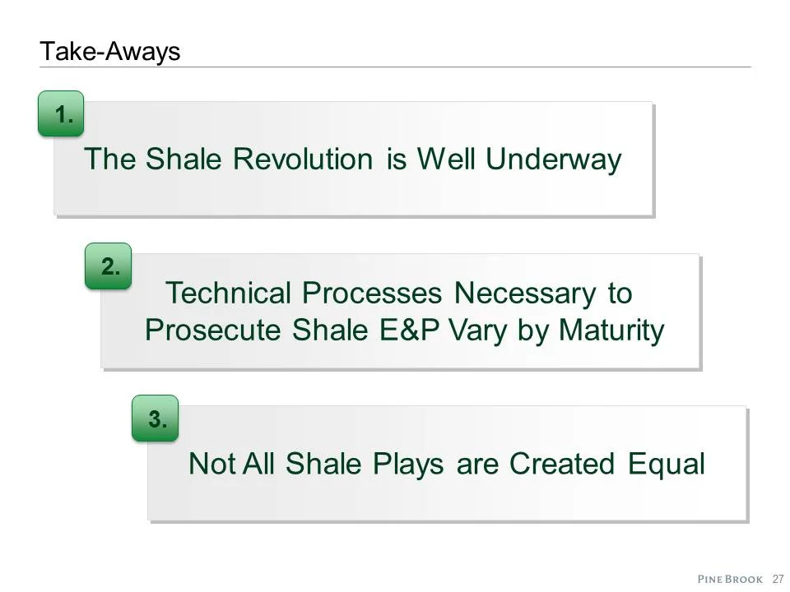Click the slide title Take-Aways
(x=109, y=52)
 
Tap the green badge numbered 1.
(x=61, y=114)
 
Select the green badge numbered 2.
(x=108, y=266)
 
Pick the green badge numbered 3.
(x=156, y=419)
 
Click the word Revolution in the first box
(x=306, y=159)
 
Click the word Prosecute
(x=213, y=331)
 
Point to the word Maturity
(x=611, y=331)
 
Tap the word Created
(x=561, y=464)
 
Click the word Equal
(x=667, y=464)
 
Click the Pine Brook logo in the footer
(x=730, y=578)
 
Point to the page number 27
(x=777, y=578)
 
